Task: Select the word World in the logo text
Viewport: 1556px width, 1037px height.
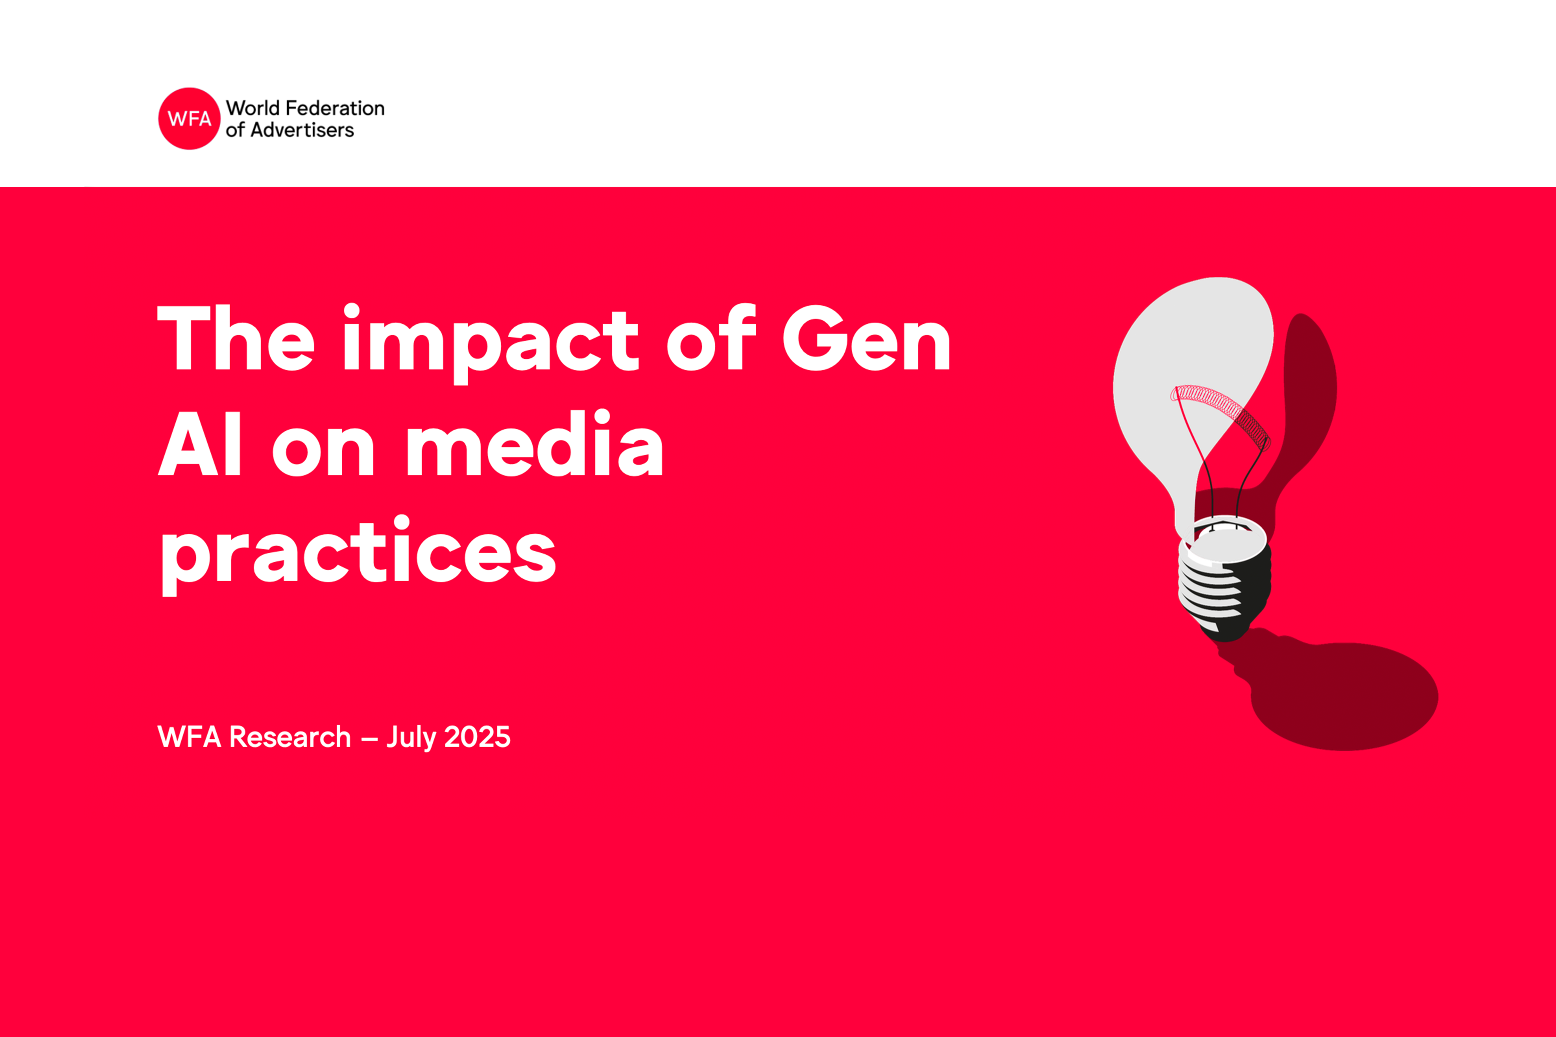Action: click(x=253, y=108)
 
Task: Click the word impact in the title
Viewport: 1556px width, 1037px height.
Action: click(x=491, y=343)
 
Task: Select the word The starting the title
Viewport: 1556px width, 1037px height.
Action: click(x=236, y=336)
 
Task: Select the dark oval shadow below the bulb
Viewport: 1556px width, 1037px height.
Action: click(x=1343, y=696)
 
